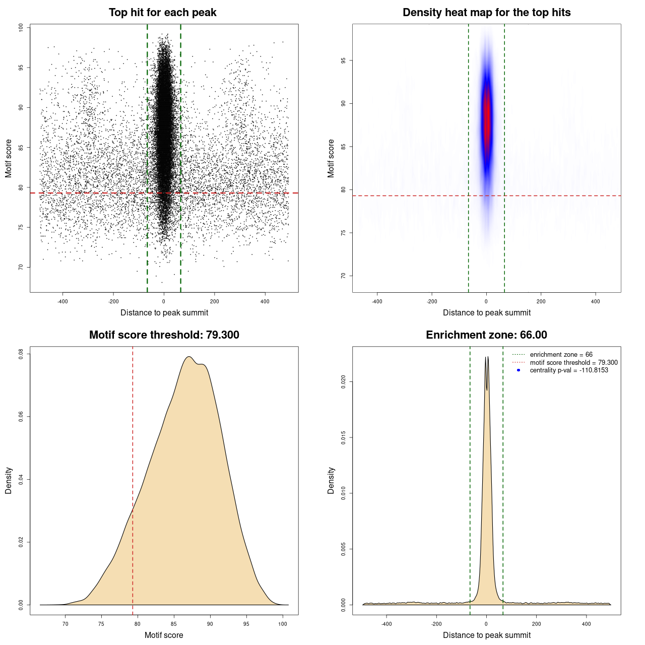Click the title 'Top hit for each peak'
pos(162,13)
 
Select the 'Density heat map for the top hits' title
pos(486,13)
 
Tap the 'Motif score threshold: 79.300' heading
pos(164,335)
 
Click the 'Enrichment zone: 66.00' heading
pos(486,335)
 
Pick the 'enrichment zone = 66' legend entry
pos(561,355)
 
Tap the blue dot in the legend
pos(519,370)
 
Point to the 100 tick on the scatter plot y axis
pos(21,28)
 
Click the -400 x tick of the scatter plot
pos(62,301)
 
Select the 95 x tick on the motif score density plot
pos(246,624)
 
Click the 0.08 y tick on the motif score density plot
pos(21,354)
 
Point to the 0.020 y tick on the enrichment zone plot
pos(343,382)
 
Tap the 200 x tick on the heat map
pos(541,301)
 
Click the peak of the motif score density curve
pos(189,357)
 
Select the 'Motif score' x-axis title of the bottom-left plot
pos(164,635)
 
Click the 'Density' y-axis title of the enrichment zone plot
pos(331,480)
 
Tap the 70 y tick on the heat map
pos(343,276)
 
